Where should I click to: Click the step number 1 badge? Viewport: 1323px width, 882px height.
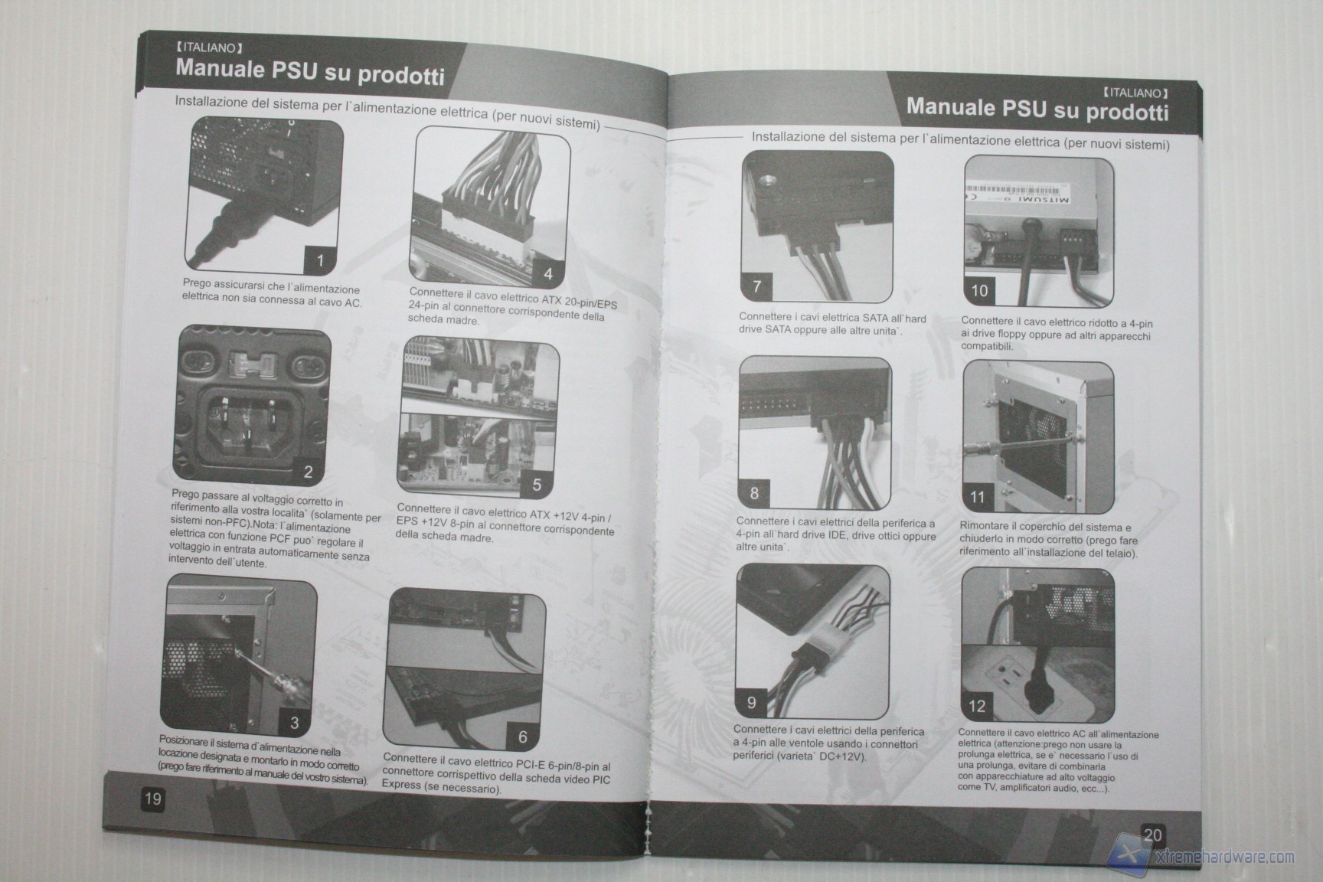[x=321, y=260]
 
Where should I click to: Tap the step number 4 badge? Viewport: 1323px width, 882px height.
[x=548, y=273]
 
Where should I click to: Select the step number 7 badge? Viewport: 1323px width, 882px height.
[x=757, y=286]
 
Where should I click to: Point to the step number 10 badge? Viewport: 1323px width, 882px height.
[x=979, y=291]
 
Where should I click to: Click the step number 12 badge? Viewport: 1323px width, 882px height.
[x=977, y=706]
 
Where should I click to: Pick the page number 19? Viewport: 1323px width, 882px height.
[x=153, y=799]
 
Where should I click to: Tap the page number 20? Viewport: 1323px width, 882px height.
[x=1152, y=835]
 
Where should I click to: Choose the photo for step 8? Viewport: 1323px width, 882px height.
[x=815, y=434]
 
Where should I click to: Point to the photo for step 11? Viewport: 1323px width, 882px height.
[x=1038, y=437]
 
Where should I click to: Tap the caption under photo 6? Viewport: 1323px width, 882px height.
[x=496, y=773]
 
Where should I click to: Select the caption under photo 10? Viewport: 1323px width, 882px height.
[x=1056, y=334]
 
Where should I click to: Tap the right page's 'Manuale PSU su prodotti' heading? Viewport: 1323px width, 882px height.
[x=1037, y=108]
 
